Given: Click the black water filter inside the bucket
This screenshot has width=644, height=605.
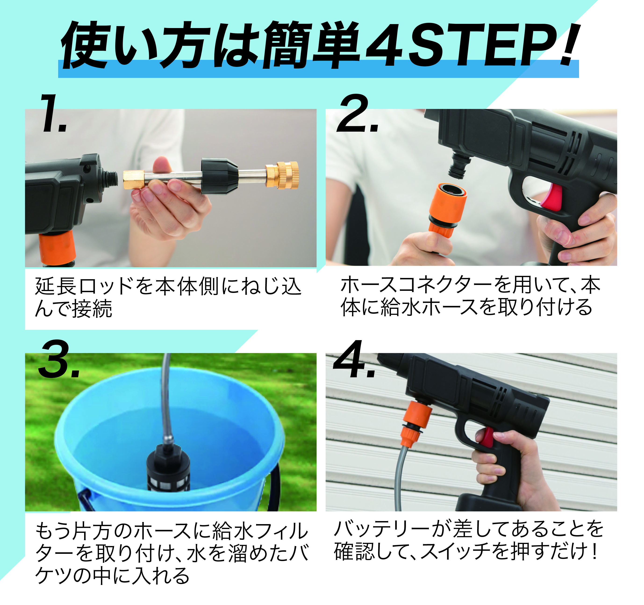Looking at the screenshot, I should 168,467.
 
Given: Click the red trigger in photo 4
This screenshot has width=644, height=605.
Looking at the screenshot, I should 486,437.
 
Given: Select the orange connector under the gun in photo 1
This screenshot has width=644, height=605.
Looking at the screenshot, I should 57,248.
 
